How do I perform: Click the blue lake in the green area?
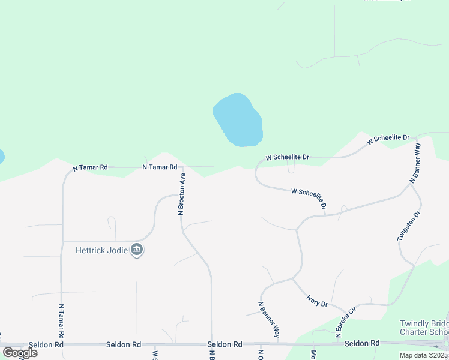[x=238, y=120]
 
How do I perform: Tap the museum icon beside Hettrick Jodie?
[x=137, y=250]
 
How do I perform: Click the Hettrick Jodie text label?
[x=102, y=250]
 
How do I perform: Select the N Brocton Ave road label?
[x=181, y=194]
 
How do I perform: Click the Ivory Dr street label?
[x=316, y=300]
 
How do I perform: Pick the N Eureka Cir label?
[x=346, y=319]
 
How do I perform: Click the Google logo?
[x=19, y=352]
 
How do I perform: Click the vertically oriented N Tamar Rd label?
[x=61, y=319]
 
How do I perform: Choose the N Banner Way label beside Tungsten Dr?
[x=415, y=163]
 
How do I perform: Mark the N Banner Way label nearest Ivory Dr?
[x=269, y=319]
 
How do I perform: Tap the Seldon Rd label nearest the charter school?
[x=362, y=343]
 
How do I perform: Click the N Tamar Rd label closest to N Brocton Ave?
[x=160, y=167]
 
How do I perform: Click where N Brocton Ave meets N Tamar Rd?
[x=182, y=167]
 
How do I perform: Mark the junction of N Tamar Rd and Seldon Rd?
[x=61, y=345]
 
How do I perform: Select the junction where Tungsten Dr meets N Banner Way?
[x=411, y=184]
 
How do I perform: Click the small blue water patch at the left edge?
[x=2, y=157]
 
